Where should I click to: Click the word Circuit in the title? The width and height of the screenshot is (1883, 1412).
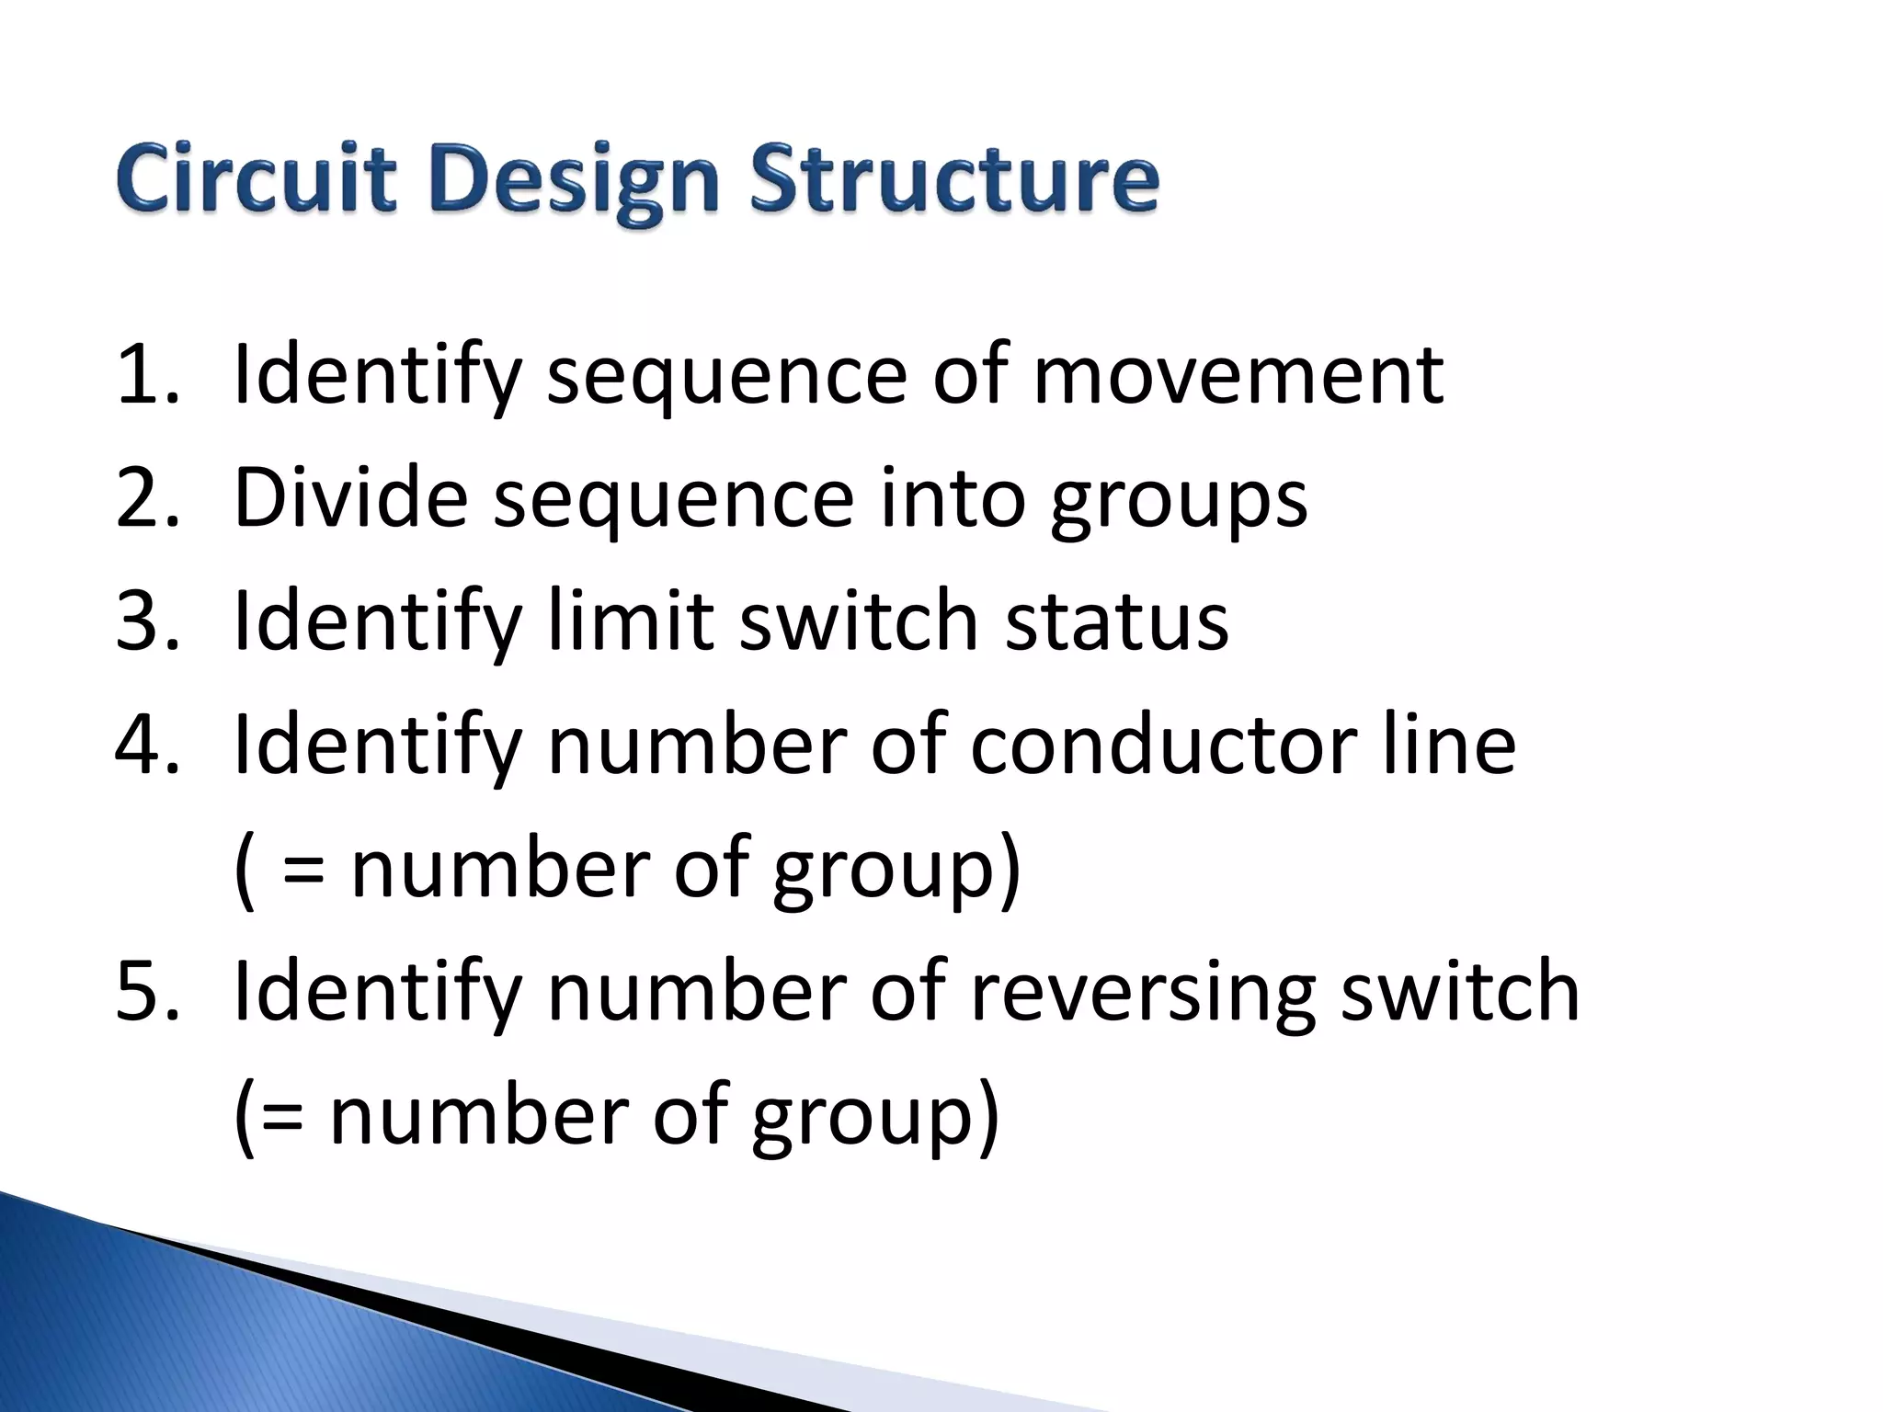[257, 178]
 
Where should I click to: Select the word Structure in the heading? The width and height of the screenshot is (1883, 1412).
[953, 178]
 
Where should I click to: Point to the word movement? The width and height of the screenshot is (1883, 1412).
[1238, 374]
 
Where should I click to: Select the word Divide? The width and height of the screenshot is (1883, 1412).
[351, 497]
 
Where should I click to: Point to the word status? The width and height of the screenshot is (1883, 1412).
[1116, 622]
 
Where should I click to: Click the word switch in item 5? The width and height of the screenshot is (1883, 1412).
[1460, 990]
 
